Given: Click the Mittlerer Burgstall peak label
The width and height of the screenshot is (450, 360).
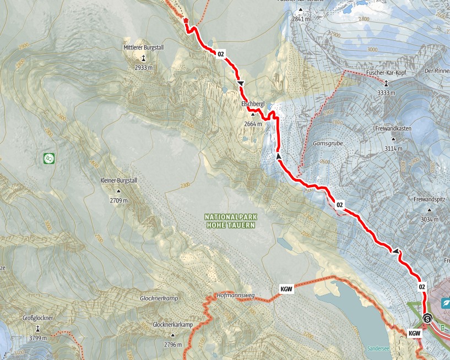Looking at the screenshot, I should (143, 48).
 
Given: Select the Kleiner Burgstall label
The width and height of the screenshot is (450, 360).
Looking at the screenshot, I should (118, 181).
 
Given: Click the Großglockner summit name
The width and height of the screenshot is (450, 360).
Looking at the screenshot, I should (37, 318).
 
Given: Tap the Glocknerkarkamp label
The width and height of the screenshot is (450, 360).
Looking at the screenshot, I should (172, 325).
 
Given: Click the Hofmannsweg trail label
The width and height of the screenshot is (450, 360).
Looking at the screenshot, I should (236, 296).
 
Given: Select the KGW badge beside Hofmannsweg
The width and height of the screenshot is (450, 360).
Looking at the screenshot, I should (286, 288).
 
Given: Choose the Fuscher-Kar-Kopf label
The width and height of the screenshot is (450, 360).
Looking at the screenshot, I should (386, 73).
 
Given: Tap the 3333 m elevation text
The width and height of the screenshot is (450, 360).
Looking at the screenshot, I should (386, 92).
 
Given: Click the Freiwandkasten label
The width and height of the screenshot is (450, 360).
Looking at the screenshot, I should (394, 128).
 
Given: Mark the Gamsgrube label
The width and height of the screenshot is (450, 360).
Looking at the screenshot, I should (324, 143).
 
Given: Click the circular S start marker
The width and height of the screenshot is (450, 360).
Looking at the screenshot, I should (427, 319).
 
